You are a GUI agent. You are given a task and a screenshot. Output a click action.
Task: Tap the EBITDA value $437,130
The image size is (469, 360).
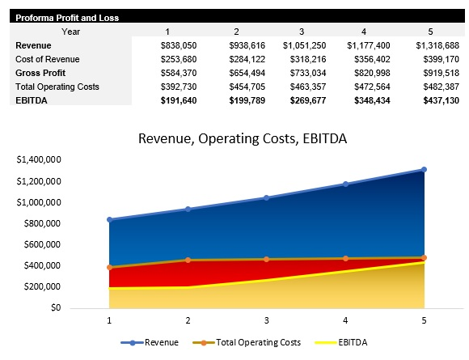(x=439, y=100)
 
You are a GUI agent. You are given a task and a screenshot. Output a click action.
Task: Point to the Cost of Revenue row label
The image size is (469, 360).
(x=48, y=59)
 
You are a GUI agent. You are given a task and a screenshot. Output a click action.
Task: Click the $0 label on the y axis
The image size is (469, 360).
(x=54, y=307)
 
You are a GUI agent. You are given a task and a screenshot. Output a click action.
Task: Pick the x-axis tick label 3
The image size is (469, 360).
(x=266, y=320)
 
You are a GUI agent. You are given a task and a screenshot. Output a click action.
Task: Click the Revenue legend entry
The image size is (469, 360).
(x=154, y=342)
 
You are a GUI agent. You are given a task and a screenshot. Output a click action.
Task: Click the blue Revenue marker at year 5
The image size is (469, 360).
(x=423, y=170)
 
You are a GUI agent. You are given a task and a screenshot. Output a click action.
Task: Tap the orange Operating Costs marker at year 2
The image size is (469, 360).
(x=188, y=260)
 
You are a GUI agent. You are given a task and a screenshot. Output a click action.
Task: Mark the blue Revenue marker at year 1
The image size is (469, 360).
(x=109, y=219)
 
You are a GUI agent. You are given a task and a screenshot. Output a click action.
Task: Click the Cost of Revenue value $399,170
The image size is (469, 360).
(x=439, y=59)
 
